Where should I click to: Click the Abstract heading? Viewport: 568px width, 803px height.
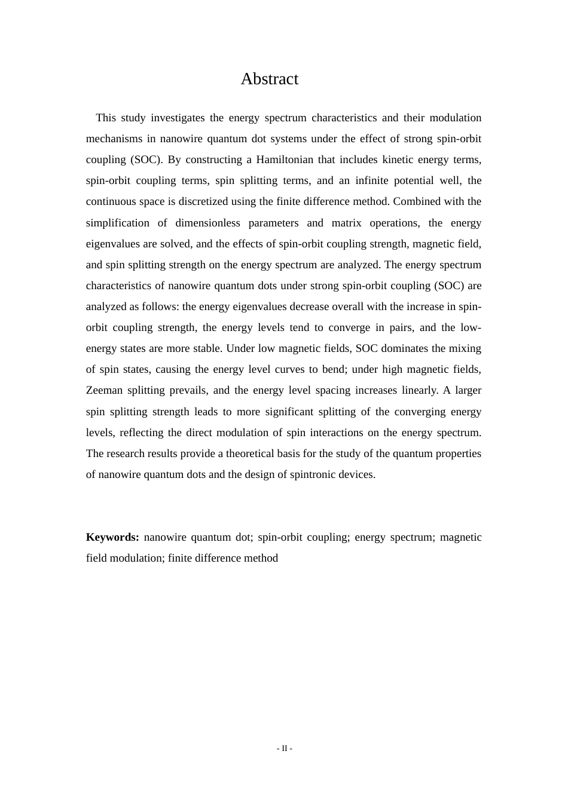[x=269, y=79]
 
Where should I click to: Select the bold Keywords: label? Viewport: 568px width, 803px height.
[x=112, y=537]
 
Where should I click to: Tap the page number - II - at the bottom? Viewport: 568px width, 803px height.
[x=284, y=749]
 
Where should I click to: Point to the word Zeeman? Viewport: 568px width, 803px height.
[x=104, y=391]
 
